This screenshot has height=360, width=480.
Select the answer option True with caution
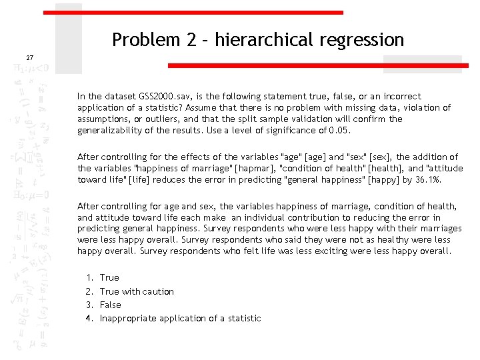pyautogui.click(x=137, y=291)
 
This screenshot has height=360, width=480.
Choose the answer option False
pyautogui.click(x=111, y=305)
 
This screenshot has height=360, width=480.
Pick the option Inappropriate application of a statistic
pyautogui.click(x=180, y=318)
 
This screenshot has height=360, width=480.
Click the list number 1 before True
pyautogui.click(x=89, y=277)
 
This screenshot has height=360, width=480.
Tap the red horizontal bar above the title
pyautogui.click(x=193, y=13)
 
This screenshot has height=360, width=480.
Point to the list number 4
pyautogui.click(x=89, y=318)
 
